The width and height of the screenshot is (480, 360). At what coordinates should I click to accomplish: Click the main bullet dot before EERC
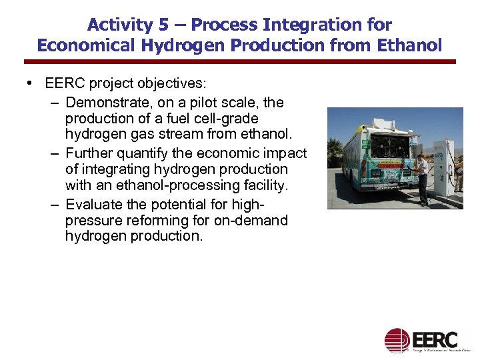[x=31, y=84]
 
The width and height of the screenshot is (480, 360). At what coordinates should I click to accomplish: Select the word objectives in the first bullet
[x=172, y=84]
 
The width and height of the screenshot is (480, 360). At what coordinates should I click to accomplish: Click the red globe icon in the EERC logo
[x=397, y=340]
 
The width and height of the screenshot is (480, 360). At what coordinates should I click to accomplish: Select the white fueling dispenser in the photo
[x=443, y=167]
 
